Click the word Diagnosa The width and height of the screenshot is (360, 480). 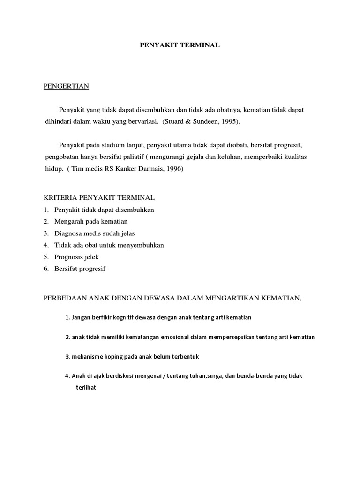point(70,233)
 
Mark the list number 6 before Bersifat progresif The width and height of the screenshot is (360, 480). point(46,269)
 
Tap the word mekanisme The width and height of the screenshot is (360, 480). point(87,357)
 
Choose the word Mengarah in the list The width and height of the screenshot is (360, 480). point(68,221)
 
